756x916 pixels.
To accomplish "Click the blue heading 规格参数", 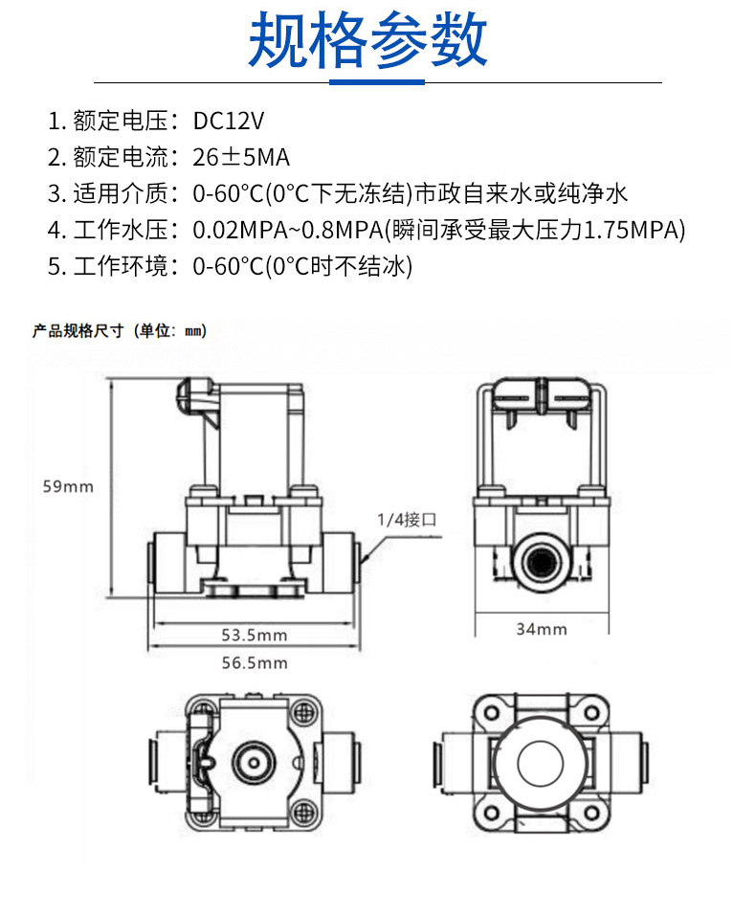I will (368, 40).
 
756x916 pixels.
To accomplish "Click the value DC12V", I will (228, 121).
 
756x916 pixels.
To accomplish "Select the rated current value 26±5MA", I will (241, 157).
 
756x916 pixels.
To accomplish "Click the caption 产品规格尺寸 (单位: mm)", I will (120, 331).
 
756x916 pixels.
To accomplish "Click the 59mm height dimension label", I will (68, 486).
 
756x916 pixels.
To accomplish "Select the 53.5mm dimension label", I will (254, 635).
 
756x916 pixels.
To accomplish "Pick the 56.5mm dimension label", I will (254, 662).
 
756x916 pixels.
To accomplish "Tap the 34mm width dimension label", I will (541, 629).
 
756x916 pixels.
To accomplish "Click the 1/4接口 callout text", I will (407, 521).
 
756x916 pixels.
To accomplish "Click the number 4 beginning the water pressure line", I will (55, 230).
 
